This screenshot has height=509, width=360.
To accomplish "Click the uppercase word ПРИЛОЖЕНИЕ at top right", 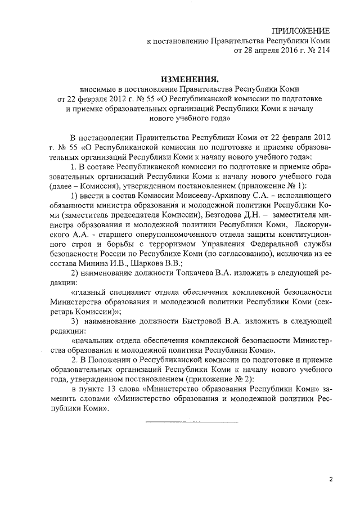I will (301, 30).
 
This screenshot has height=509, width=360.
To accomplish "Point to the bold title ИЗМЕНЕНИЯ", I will (180, 78).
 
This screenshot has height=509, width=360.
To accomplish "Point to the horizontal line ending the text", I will (192, 421).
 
